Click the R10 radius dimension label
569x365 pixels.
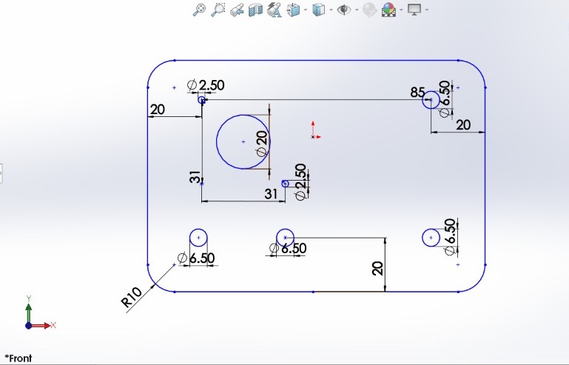click(x=131, y=297)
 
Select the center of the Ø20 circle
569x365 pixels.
click(x=243, y=141)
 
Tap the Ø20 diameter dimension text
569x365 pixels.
click(x=262, y=144)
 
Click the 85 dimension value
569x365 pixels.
click(x=417, y=93)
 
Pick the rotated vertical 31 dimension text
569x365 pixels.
click(x=195, y=177)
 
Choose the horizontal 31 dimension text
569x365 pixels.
click(x=271, y=194)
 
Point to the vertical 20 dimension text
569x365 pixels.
click(x=377, y=269)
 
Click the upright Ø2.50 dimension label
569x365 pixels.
click(x=206, y=85)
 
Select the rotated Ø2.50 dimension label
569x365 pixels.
click(x=300, y=181)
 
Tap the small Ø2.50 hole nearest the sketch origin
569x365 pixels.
click(x=285, y=184)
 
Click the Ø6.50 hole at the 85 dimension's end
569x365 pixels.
click(x=431, y=100)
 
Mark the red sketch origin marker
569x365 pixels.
click(x=315, y=131)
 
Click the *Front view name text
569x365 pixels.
click(x=18, y=358)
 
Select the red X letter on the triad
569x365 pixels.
click(x=53, y=325)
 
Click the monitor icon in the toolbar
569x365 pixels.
click(x=414, y=10)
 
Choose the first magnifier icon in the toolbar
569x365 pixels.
click(x=199, y=10)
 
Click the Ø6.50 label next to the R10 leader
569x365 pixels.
click(x=196, y=258)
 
